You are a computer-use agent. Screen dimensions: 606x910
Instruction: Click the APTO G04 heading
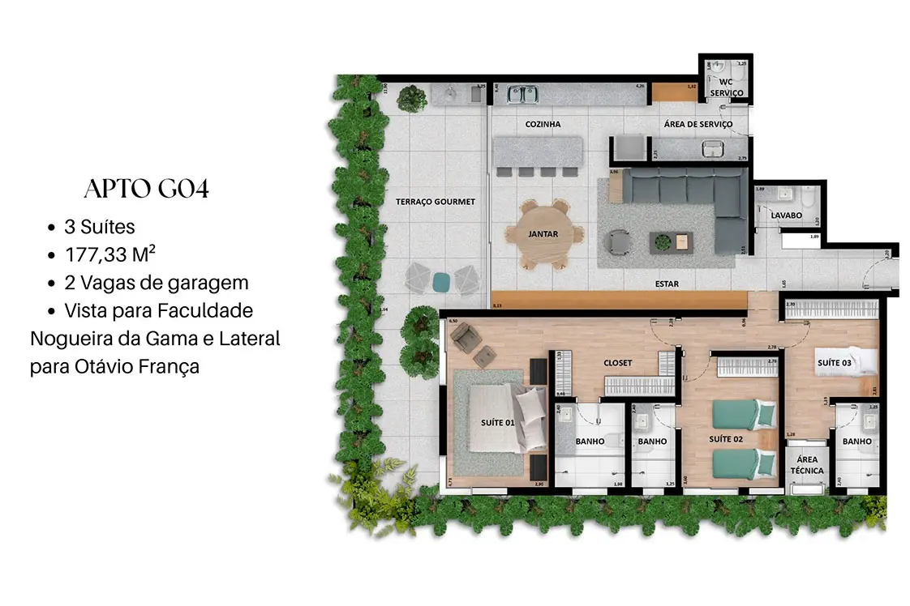(146, 190)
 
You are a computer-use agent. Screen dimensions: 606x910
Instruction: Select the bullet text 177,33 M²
(110, 255)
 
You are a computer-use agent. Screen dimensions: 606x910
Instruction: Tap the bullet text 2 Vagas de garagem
(157, 283)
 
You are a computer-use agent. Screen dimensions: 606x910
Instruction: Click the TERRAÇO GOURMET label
(436, 202)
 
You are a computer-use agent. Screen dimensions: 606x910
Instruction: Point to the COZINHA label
(543, 124)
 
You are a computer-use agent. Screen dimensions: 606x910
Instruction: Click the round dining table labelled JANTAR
(543, 234)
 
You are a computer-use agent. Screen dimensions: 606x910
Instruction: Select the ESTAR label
(667, 284)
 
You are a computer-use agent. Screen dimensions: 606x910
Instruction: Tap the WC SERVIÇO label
(727, 87)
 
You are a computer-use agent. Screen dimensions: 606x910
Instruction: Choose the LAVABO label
(786, 216)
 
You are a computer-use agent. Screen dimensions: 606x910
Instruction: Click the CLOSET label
(617, 363)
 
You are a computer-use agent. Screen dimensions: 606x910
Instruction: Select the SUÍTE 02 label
(726, 439)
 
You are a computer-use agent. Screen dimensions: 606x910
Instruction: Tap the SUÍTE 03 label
(834, 363)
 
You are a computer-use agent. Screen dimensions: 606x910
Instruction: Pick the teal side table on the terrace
(441, 281)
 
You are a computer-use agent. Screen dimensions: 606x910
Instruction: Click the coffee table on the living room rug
(671, 241)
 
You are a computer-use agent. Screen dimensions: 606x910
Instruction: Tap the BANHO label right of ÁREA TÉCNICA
(856, 442)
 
